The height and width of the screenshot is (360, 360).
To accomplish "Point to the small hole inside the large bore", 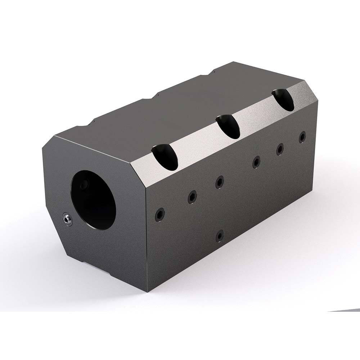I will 84,184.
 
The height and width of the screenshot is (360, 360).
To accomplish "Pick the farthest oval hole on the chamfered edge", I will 283,100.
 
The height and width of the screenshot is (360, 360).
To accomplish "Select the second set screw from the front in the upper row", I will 192,197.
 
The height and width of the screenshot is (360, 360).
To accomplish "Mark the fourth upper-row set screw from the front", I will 256,162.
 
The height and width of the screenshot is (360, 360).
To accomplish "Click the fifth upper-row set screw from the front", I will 280,149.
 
